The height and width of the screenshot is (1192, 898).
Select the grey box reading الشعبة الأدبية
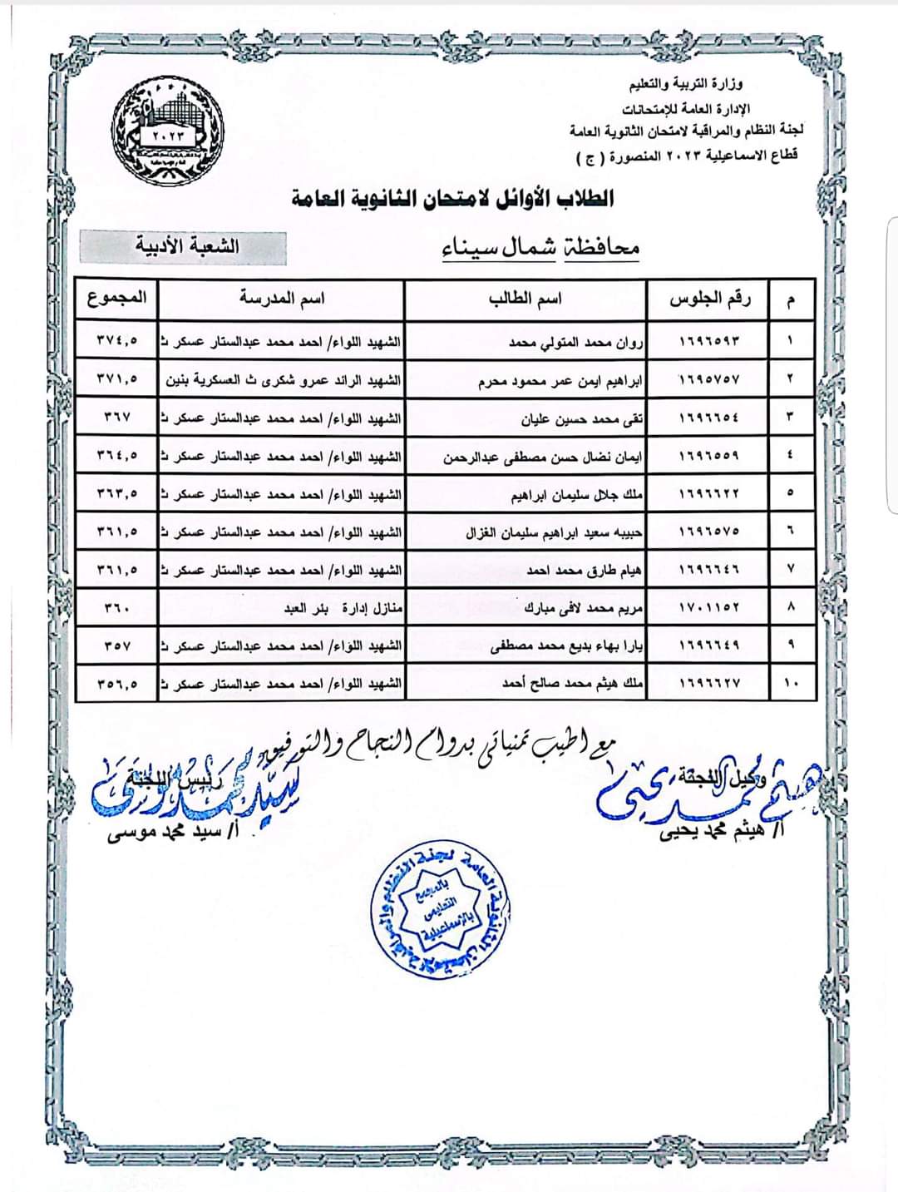click(x=183, y=247)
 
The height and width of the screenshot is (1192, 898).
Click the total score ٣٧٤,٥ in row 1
click(x=116, y=340)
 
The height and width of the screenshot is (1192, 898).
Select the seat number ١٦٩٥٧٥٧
click(x=709, y=379)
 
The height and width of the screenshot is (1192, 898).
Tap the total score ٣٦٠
click(x=116, y=608)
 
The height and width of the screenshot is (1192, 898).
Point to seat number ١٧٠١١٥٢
click(x=709, y=608)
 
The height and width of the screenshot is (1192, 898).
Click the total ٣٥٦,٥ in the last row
click(x=116, y=684)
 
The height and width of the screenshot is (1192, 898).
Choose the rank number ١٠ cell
click(x=790, y=684)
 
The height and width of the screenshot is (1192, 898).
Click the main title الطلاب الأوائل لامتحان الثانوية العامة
click(x=453, y=199)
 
